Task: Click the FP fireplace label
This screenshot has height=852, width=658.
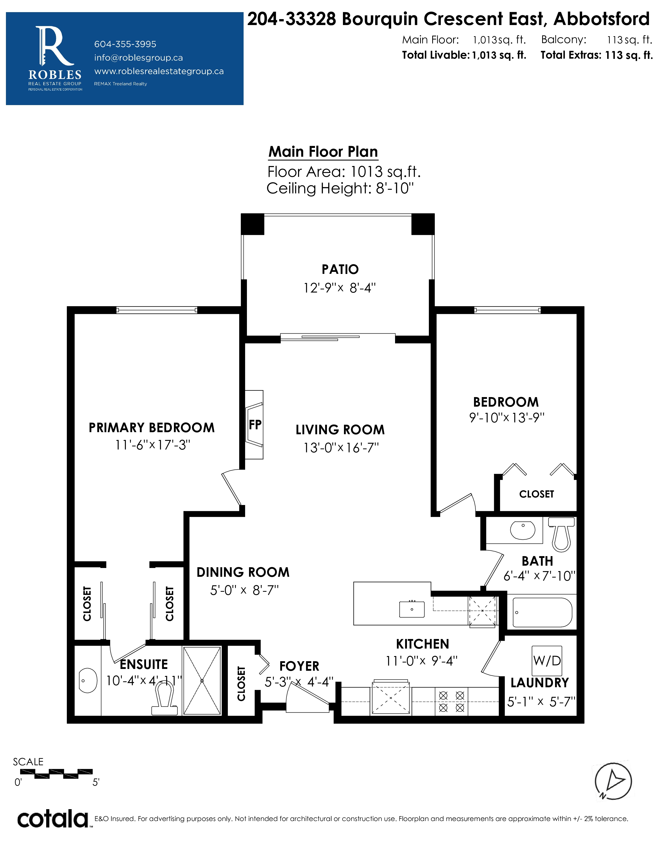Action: (x=255, y=424)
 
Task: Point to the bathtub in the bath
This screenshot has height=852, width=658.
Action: (x=542, y=612)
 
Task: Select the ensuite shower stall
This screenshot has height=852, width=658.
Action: (x=202, y=681)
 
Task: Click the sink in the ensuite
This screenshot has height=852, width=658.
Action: (x=88, y=681)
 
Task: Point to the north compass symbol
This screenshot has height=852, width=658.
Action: (x=613, y=781)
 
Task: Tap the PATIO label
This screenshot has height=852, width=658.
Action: (x=340, y=269)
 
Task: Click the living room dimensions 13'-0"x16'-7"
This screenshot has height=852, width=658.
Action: (x=341, y=447)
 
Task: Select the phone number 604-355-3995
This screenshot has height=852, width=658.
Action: (x=125, y=44)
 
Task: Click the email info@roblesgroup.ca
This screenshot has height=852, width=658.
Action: (x=138, y=58)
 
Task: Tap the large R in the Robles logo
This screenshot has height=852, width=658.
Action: (x=54, y=46)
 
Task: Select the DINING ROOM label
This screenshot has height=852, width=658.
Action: (x=243, y=572)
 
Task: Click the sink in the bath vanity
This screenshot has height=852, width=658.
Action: (x=523, y=530)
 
